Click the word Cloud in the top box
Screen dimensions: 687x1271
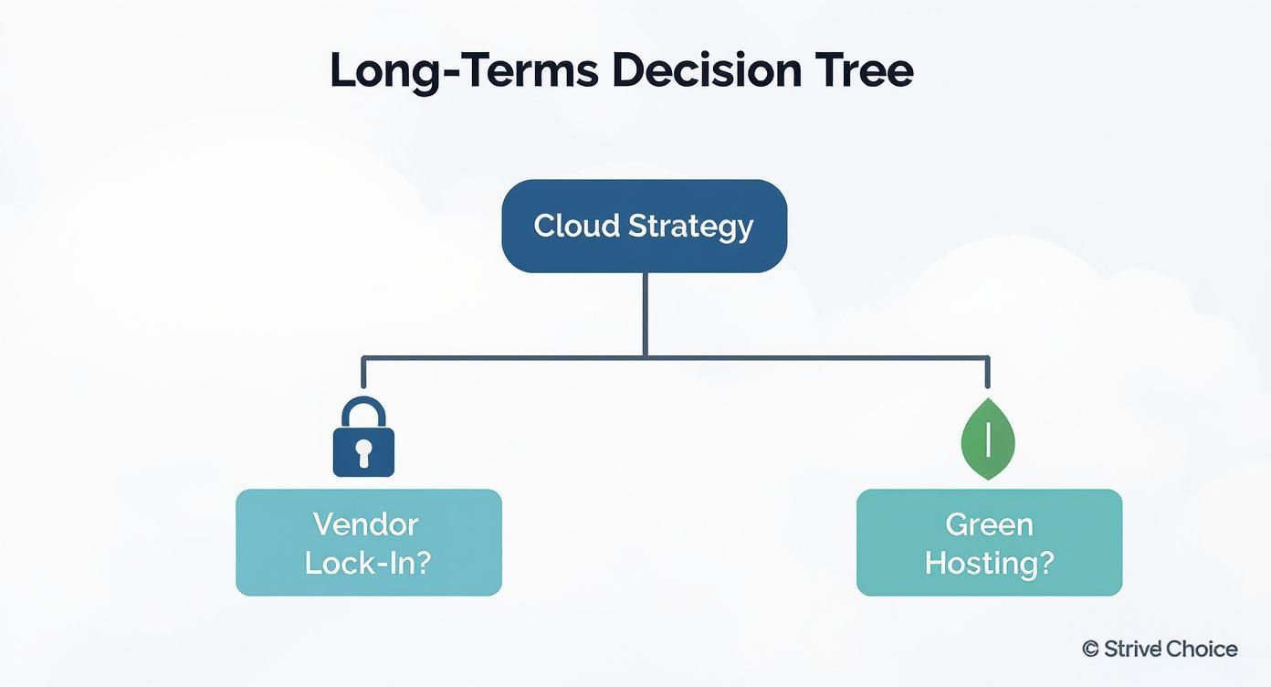point(572,226)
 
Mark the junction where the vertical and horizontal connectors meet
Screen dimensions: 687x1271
point(645,357)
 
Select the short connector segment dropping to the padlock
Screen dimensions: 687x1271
point(363,374)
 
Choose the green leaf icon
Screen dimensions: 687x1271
point(988,440)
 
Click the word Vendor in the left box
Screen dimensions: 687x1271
point(365,524)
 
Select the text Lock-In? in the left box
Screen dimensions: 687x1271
point(367,563)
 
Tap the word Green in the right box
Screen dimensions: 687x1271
point(989,524)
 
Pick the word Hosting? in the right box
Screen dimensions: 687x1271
point(989,563)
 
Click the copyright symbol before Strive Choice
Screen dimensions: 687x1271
point(1090,650)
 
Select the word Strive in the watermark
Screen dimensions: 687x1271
point(1132,650)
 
